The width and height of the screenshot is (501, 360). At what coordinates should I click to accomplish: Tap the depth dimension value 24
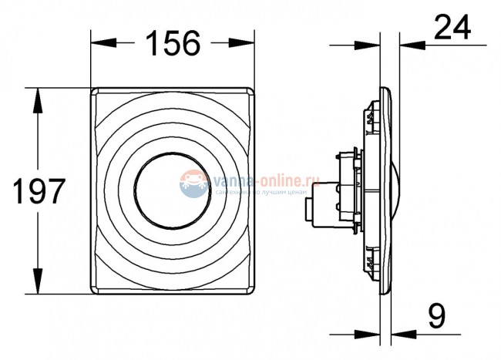[454, 29]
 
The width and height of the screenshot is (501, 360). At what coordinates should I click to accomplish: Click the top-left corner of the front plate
[95, 91]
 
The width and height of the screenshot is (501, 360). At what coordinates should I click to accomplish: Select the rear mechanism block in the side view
[339, 189]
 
